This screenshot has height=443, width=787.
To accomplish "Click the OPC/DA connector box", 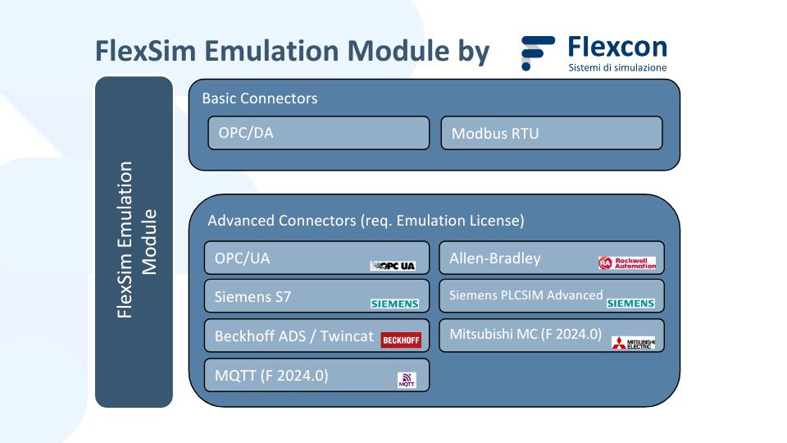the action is pyautogui.click(x=319, y=133).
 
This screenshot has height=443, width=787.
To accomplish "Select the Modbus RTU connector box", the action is pyautogui.click(x=552, y=133).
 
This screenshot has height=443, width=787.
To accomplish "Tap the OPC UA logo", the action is pyautogui.click(x=393, y=266).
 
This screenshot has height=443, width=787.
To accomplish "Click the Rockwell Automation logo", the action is pyautogui.click(x=627, y=263).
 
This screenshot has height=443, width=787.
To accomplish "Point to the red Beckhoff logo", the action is pyautogui.click(x=401, y=340).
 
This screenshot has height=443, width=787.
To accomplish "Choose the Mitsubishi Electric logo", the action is pyautogui.click(x=634, y=343).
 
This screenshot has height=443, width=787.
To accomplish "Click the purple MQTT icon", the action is pyautogui.click(x=407, y=380).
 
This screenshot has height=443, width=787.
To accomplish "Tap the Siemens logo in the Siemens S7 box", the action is pyautogui.click(x=394, y=304).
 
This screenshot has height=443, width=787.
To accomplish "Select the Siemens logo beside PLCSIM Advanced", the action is pyautogui.click(x=630, y=304).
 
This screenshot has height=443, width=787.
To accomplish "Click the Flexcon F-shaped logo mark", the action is pyautogui.click(x=538, y=53).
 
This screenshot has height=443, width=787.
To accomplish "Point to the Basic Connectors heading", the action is pyautogui.click(x=260, y=98).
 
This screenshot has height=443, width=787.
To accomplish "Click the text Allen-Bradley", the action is pyautogui.click(x=495, y=258).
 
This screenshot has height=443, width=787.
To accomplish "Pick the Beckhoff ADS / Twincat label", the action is pyautogui.click(x=294, y=336).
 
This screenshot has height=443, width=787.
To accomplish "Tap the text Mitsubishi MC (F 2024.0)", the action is pyautogui.click(x=525, y=334).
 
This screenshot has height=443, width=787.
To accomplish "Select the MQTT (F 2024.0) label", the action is pyautogui.click(x=271, y=376).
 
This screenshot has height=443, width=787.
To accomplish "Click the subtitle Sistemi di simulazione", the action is pyautogui.click(x=617, y=67).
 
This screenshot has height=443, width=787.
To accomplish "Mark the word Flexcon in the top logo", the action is pyautogui.click(x=617, y=48).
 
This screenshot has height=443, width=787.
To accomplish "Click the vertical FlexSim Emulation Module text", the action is pyautogui.click(x=137, y=240).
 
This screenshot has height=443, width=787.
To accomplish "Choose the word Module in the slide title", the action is pyautogui.click(x=398, y=51).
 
